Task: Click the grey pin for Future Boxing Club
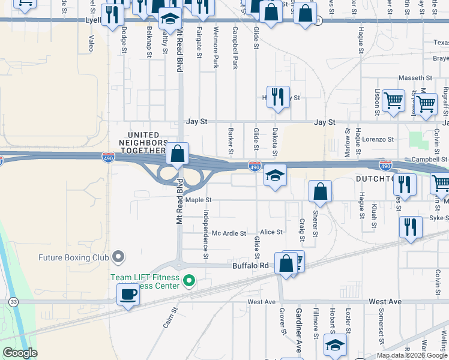pyautogui.click(x=118, y=257)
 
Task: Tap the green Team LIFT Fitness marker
pyautogui.click(x=189, y=280)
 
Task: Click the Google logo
pyautogui.click(x=20, y=353)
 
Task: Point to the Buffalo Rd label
pyautogui.click(x=251, y=265)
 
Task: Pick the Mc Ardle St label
pyautogui.click(x=229, y=233)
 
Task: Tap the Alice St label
pyautogui.click(x=271, y=232)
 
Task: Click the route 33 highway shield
pyautogui.click(x=14, y=301)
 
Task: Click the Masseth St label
pyautogui.click(x=415, y=78)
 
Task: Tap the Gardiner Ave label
pyautogui.click(x=298, y=329)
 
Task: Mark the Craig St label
pyautogui.click(x=302, y=230)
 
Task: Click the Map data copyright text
pyautogui.click(x=411, y=355)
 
